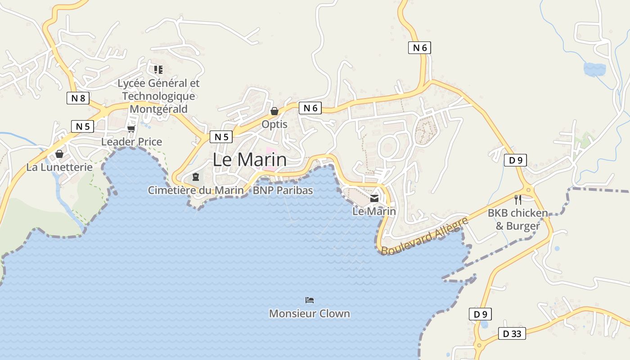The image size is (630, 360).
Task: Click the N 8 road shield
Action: pos(78,98)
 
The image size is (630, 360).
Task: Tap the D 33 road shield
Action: pos(512,333)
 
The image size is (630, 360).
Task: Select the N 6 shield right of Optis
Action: pos(310,108)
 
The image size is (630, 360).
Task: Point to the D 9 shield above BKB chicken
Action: pos(515,160)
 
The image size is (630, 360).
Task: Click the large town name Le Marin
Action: pos(249,160)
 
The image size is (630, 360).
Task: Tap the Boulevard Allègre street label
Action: pos(424,236)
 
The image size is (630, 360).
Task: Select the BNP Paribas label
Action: pos(283,190)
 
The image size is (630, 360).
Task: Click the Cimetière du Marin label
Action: pos(196,190)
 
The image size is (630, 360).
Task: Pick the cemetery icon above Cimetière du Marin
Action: pos(196,177)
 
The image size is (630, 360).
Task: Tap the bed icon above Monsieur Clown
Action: pos(310,300)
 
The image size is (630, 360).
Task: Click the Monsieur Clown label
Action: pos(310,314)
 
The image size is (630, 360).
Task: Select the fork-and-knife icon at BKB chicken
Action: pos(518,199)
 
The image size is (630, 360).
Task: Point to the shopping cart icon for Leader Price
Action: pos(131,129)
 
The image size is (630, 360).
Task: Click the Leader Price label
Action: pos(131,142)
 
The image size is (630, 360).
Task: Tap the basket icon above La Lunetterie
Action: pos(59,154)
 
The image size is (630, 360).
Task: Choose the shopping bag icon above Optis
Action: pos(274,111)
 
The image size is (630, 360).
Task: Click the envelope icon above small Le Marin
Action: pos(374,198)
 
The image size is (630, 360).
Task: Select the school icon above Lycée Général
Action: pos(158,69)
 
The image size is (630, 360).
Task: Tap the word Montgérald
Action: pos(158,109)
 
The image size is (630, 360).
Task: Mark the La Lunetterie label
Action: pos(59,167)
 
